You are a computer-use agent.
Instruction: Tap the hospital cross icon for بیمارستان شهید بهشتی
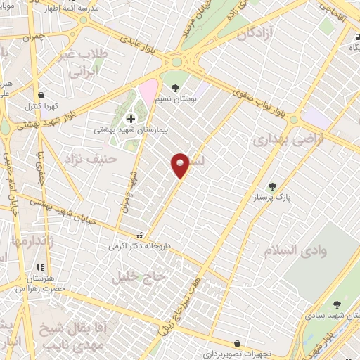(x=130, y=118)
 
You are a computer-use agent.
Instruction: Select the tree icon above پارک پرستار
(x=273, y=187)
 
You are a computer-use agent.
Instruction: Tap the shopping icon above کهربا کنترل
(x=41, y=96)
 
